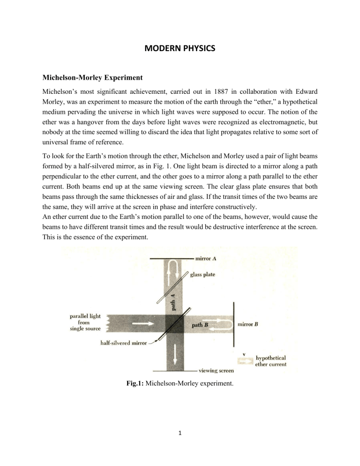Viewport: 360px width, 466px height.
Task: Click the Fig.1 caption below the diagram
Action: point(180,388)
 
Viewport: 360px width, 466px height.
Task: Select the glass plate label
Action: point(202,275)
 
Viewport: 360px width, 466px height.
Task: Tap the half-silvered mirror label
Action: point(122,343)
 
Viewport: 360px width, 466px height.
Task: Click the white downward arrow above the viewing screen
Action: point(173,355)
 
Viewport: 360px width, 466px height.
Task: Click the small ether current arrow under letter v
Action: point(244,361)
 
